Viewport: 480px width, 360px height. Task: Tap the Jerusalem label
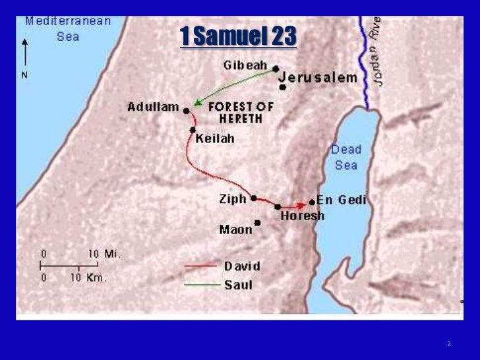pyautogui.click(x=318, y=77)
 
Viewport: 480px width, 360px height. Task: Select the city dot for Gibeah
pyautogui.click(x=276, y=69)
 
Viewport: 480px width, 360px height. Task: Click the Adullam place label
pyautogui.click(x=154, y=107)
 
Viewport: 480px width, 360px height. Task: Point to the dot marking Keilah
pyautogui.click(x=193, y=130)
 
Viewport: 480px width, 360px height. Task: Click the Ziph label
pyautogui.click(x=233, y=198)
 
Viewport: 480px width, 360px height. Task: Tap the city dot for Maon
pyautogui.click(x=257, y=223)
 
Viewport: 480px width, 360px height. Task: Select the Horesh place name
pyautogui.click(x=303, y=216)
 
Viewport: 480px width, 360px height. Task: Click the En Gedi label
pyautogui.click(x=342, y=200)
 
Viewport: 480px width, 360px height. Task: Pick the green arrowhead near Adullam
pyautogui.click(x=192, y=105)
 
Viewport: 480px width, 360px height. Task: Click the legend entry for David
pyautogui.click(x=242, y=266)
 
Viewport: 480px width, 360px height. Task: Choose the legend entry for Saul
pyautogui.click(x=238, y=285)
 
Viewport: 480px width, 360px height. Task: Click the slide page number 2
pyautogui.click(x=448, y=344)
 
